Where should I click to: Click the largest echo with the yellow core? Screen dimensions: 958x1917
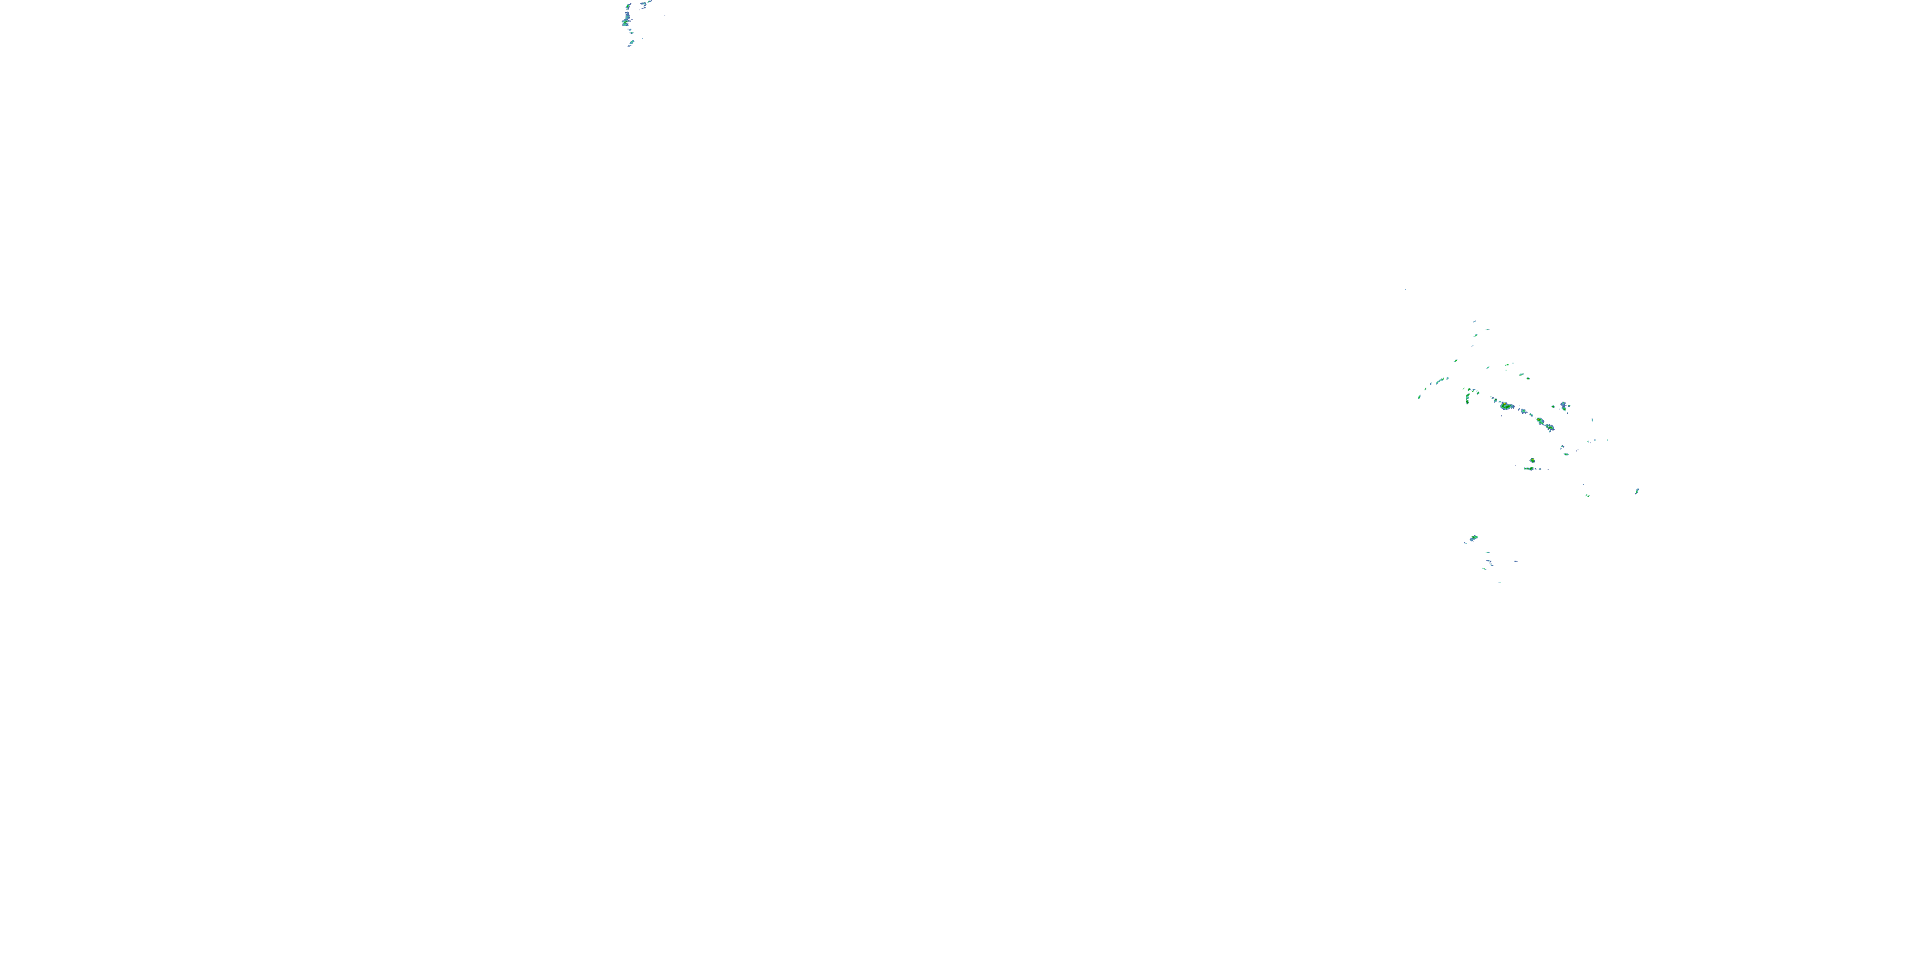(1506, 406)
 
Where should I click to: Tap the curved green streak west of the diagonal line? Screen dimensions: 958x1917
(1468, 397)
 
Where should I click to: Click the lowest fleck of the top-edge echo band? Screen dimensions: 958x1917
(630, 45)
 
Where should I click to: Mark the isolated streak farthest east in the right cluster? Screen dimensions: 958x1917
(1637, 491)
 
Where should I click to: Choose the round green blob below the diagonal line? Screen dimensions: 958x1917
(1532, 461)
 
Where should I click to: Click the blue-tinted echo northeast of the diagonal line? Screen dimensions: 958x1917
(1564, 406)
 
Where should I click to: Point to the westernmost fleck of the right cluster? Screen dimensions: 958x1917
(1419, 397)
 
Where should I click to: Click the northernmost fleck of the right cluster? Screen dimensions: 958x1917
(1474, 322)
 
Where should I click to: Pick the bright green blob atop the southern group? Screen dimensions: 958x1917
(1474, 538)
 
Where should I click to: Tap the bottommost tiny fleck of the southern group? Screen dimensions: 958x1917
(1500, 581)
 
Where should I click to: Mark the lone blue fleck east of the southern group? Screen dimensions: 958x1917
(1516, 561)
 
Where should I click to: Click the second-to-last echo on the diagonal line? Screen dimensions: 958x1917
(1541, 422)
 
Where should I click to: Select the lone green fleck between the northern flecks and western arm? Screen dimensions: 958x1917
(1456, 361)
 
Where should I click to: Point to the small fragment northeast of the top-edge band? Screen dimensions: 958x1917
(661, 13)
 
